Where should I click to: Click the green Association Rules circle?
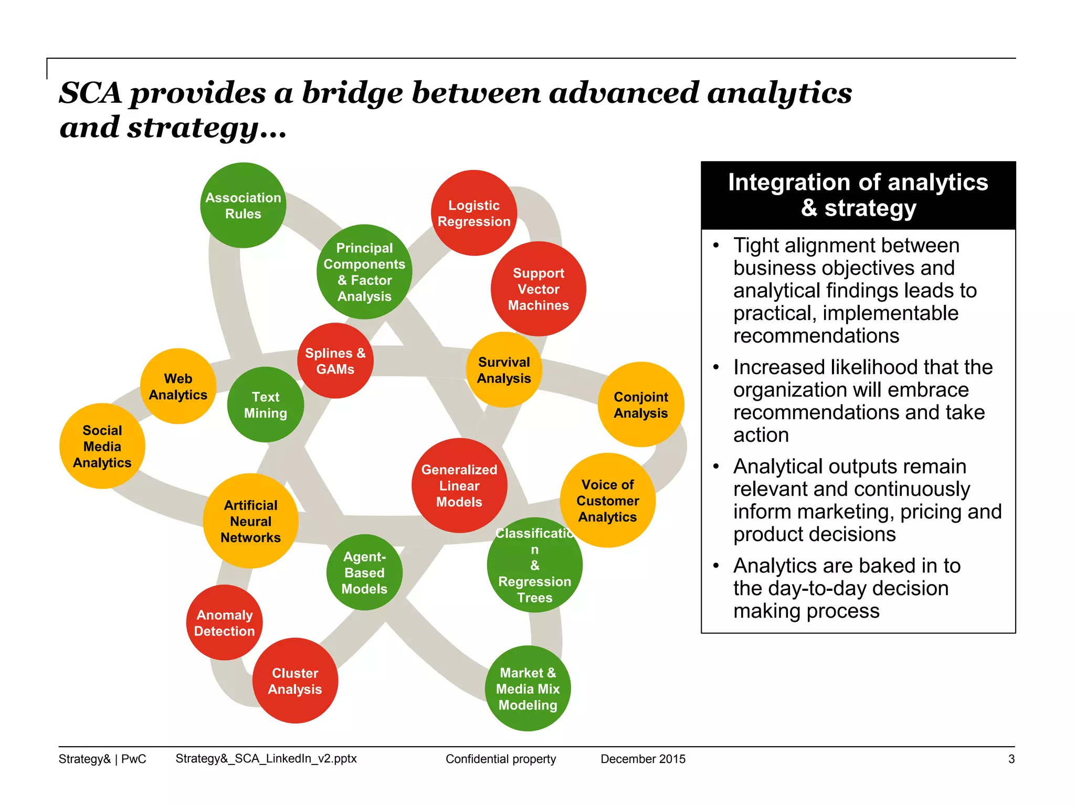(243, 205)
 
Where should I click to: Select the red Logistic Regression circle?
(474, 213)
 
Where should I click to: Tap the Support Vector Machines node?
(538, 289)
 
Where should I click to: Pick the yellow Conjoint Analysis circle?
(640, 405)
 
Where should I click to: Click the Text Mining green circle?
(265, 405)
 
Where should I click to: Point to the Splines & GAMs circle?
(335, 360)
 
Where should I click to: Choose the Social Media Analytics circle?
(102, 446)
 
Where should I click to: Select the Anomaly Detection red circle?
(224, 622)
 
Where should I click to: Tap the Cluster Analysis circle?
(295, 681)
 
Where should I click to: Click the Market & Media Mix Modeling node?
(528, 688)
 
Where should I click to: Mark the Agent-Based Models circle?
(364, 572)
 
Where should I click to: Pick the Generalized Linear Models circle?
(459, 485)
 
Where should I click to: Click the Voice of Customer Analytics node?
(607, 501)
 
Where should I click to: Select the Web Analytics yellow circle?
(178, 386)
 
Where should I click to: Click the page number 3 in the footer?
(1011, 759)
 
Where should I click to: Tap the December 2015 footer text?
(642, 759)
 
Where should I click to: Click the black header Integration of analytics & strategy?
(858, 195)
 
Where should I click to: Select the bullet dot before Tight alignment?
(716, 246)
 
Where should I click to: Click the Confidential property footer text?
(500, 759)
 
